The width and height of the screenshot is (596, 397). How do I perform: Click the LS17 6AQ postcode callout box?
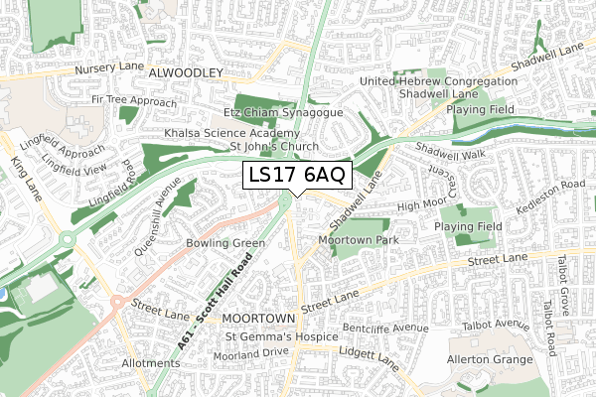pyautogui.click(x=296, y=176)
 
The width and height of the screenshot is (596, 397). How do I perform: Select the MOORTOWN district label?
pyautogui.click(x=258, y=318)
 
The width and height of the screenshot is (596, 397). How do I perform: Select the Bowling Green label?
pyautogui.click(x=224, y=243)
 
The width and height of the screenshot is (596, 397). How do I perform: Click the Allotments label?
pyautogui.click(x=145, y=363)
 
